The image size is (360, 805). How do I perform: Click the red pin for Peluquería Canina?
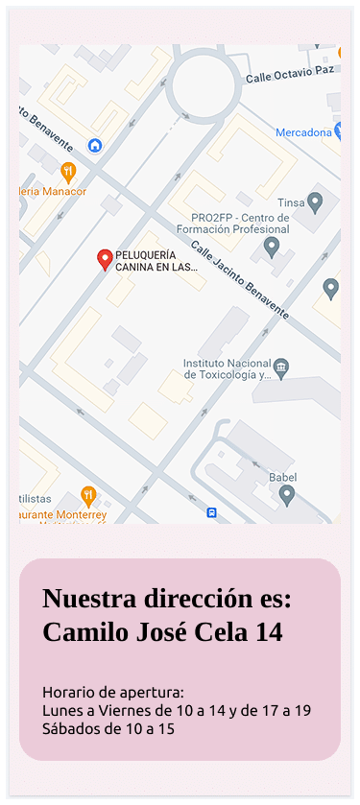coord(106,259)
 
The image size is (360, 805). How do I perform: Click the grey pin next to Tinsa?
coord(315,202)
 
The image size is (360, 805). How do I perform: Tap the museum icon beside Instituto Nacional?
coord(280,367)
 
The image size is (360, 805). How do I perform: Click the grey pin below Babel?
coord(286,495)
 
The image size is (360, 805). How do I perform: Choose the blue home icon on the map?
coord(95,145)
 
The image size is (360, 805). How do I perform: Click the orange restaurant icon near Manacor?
coord(67,172)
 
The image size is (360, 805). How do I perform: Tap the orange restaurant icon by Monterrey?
coord(88,495)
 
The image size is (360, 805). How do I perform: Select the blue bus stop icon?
coord(211,513)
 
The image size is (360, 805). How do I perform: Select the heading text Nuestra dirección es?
coord(166,599)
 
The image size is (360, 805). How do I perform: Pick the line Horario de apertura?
coord(112,693)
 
